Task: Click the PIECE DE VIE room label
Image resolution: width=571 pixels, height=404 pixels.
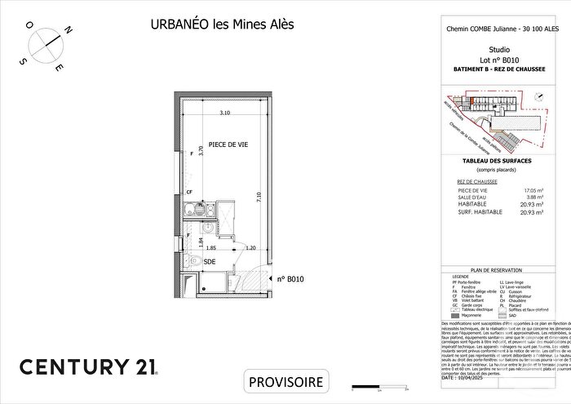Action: [228, 144]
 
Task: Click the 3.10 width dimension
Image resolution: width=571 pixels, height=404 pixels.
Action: [224, 113]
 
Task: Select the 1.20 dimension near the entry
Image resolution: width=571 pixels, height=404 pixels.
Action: [251, 247]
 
